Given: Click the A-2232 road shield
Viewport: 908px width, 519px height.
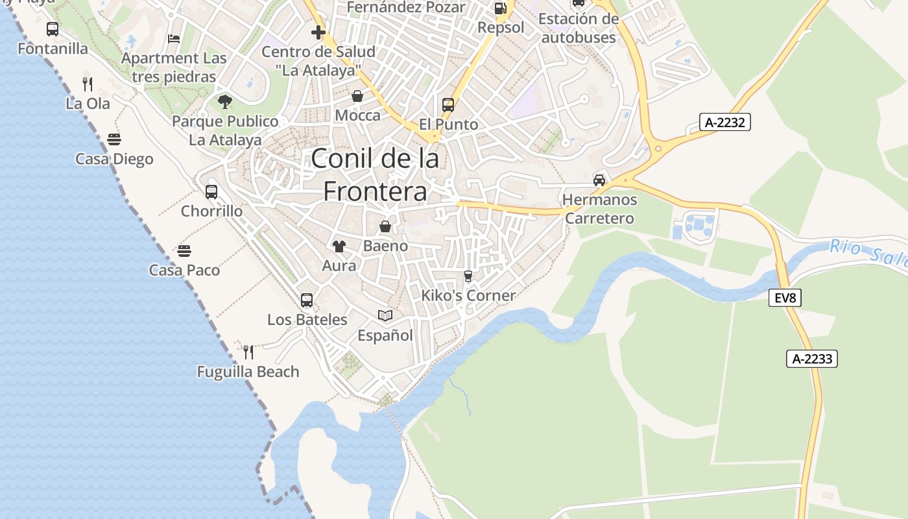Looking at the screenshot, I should [724, 122].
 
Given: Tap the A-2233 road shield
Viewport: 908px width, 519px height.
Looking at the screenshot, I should [812, 359].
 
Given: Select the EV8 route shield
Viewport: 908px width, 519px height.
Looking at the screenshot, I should [785, 298].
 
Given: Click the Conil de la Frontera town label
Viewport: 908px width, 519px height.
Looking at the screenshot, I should [376, 175].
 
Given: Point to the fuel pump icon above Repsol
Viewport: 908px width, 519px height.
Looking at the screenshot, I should [500, 8].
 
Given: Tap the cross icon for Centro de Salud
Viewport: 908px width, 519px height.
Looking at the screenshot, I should [318, 32].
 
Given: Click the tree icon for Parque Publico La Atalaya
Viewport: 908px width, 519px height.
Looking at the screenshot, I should [225, 101].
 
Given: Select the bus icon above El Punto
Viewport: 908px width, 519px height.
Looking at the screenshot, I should [448, 104].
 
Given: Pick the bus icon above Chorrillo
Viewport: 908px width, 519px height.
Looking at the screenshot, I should [211, 191].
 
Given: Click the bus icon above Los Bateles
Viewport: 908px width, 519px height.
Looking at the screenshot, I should [307, 300].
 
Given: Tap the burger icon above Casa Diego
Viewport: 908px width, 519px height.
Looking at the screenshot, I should [114, 139].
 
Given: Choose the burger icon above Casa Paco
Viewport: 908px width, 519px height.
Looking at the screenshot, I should [184, 250].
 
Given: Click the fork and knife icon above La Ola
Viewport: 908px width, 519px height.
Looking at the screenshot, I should [88, 84].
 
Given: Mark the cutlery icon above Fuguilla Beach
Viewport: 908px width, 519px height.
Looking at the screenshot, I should [248, 352].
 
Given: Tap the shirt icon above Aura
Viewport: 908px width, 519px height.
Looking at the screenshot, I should [339, 246].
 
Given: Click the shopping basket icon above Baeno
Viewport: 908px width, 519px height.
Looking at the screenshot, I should [385, 226].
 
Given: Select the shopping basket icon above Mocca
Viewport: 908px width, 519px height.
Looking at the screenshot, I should [357, 96].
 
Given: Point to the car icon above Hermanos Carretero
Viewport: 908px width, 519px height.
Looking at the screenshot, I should [599, 180].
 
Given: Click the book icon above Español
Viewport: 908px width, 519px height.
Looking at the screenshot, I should [385, 315].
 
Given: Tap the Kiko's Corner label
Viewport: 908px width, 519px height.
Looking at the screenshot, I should [468, 295].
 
